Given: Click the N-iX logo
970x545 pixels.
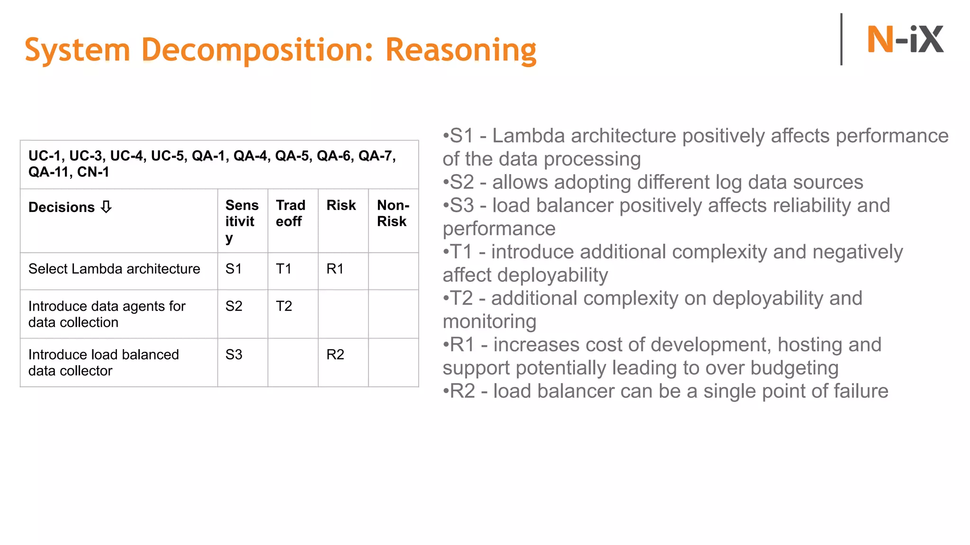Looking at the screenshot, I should click(905, 40).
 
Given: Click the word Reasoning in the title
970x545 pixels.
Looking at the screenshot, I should click(460, 50).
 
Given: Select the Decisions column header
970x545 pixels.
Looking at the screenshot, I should click(62, 207).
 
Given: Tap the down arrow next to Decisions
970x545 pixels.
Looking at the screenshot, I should click(107, 207).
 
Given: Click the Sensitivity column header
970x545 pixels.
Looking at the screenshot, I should click(242, 221).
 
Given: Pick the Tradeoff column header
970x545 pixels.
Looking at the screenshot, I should click(290, 213).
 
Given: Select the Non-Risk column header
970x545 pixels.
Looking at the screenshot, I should click(393, 213).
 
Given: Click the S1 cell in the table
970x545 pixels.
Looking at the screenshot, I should click(234, 269).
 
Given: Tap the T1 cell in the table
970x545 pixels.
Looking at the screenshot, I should click(284, 269).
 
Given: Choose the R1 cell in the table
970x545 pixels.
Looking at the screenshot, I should click(335, 269).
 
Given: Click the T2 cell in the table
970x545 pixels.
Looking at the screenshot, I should click(284, 306).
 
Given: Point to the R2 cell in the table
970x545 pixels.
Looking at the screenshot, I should click(335, 354).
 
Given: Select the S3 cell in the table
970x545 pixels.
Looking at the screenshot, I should click(234, 354).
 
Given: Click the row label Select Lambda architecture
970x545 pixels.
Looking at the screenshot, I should click(114, 269).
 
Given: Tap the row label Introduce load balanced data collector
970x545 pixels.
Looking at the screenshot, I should click(103, 362).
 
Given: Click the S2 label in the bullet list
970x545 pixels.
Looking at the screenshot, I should click(461, 182).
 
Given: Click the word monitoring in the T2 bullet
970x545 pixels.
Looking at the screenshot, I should click(489, 322).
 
